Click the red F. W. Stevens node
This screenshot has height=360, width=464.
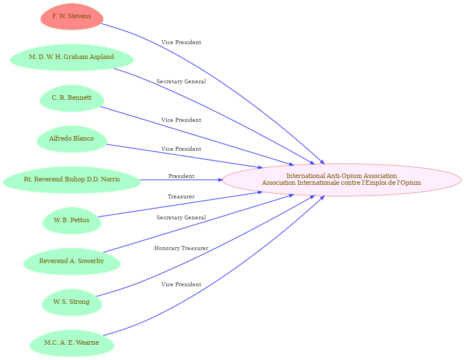pyautogui.click(x=71, y=16)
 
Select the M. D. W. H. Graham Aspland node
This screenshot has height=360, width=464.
pyautogui.click(x=71, y=57)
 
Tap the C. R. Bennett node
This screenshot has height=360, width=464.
pyautogui.click(x=71, y=98)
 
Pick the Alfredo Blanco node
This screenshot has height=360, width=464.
pyautogui.click(x=71, y=139)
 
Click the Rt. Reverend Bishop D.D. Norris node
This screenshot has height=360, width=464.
pyautogui.click(x=71, y=180)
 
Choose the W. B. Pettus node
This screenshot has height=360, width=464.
pyautogui.click(x=71, y=221)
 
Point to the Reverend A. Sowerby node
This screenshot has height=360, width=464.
pyautogui.click(x=71, y=261)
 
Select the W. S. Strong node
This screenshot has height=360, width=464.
pyautogui.click(x=71, y=302)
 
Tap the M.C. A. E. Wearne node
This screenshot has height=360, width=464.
pyautogui.click(x=71, y=343)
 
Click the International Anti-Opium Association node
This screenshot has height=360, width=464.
pyautogui.click(x=341, y=180)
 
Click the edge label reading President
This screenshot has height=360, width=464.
pyautogui.click(x=182, y=176)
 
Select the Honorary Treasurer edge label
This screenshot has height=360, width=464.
pyautogui.click(x=181, y=248)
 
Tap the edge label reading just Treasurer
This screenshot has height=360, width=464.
pyautogui.click(x=181, y=196)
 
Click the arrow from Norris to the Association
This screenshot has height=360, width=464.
pyautogui.click(x=181, y=180)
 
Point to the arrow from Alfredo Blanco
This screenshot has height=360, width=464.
pyautogui.click(x=184, y=156)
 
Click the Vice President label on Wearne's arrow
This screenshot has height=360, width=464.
pyautogui.click(x=182, y=284)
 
